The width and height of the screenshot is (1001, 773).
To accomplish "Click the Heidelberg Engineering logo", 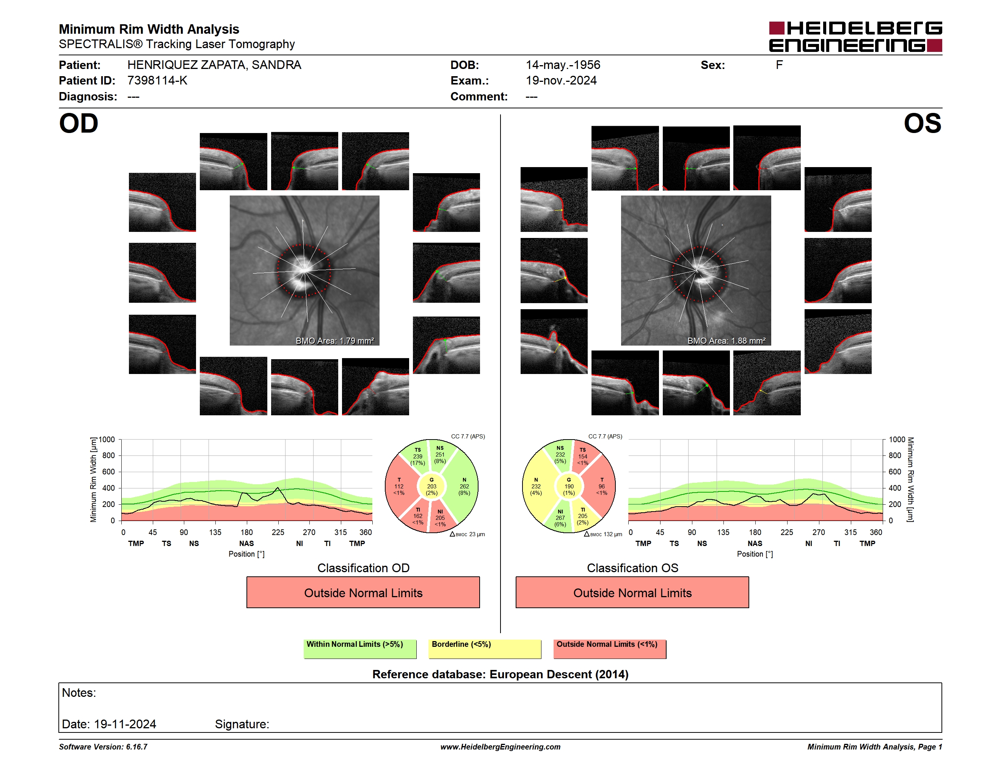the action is click(x=855, y=37).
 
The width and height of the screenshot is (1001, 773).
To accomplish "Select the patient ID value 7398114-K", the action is click(x=157, y=81).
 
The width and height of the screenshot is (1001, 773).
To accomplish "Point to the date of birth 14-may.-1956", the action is click(x=563, y=65).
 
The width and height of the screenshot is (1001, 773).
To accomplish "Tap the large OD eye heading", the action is click(x=79, y=124).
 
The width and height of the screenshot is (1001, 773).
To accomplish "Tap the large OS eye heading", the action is click(x=922, y=124).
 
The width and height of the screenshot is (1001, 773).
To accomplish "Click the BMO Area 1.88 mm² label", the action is click(x=726, y=341).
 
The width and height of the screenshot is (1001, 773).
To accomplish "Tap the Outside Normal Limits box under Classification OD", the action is click(x=363, y=593).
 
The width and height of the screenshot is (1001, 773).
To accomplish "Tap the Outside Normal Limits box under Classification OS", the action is click(x=632, y=593).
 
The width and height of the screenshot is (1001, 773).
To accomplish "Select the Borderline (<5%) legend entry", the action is click(x=485, y=649).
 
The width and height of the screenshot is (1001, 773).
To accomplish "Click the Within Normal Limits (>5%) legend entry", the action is click(x=360, y=649).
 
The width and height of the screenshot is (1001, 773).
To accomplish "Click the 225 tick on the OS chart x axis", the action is click(x=787, y=532).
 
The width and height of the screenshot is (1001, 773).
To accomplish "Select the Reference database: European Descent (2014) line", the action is click(x=500, y=674).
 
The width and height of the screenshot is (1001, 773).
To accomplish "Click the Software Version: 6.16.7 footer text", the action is click(x=103, y=747).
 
